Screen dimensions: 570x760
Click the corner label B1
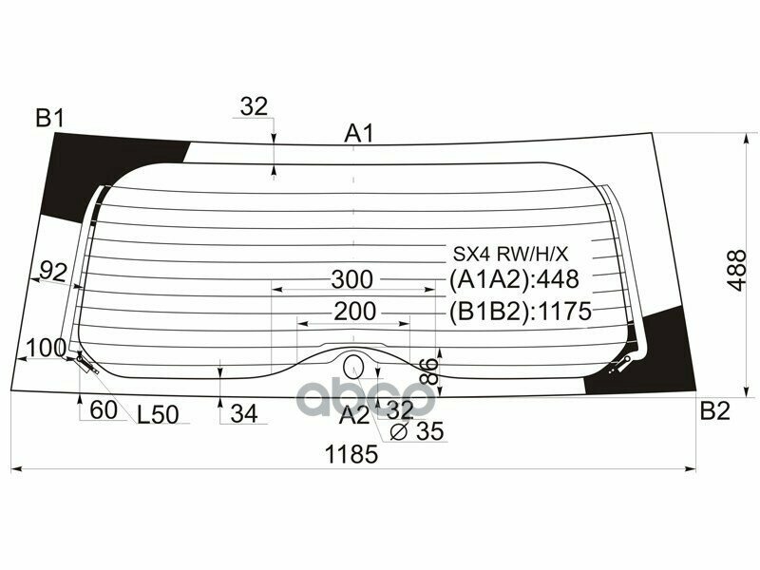[x=49, y=119]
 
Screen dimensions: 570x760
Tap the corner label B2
[x=714, y=411]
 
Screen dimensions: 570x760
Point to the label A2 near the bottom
[x=354, y=414]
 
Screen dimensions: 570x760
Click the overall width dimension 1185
[x=351, y=454]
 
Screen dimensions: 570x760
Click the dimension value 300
[x=352, y=279]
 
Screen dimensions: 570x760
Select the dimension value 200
[x=353, y=311]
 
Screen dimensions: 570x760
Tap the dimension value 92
[x=53, y=272]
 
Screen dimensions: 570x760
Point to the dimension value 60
[x=105, y=412]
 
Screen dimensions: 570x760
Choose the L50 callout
[x=158, y=414]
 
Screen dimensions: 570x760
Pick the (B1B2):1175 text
[x=520, y=312]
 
